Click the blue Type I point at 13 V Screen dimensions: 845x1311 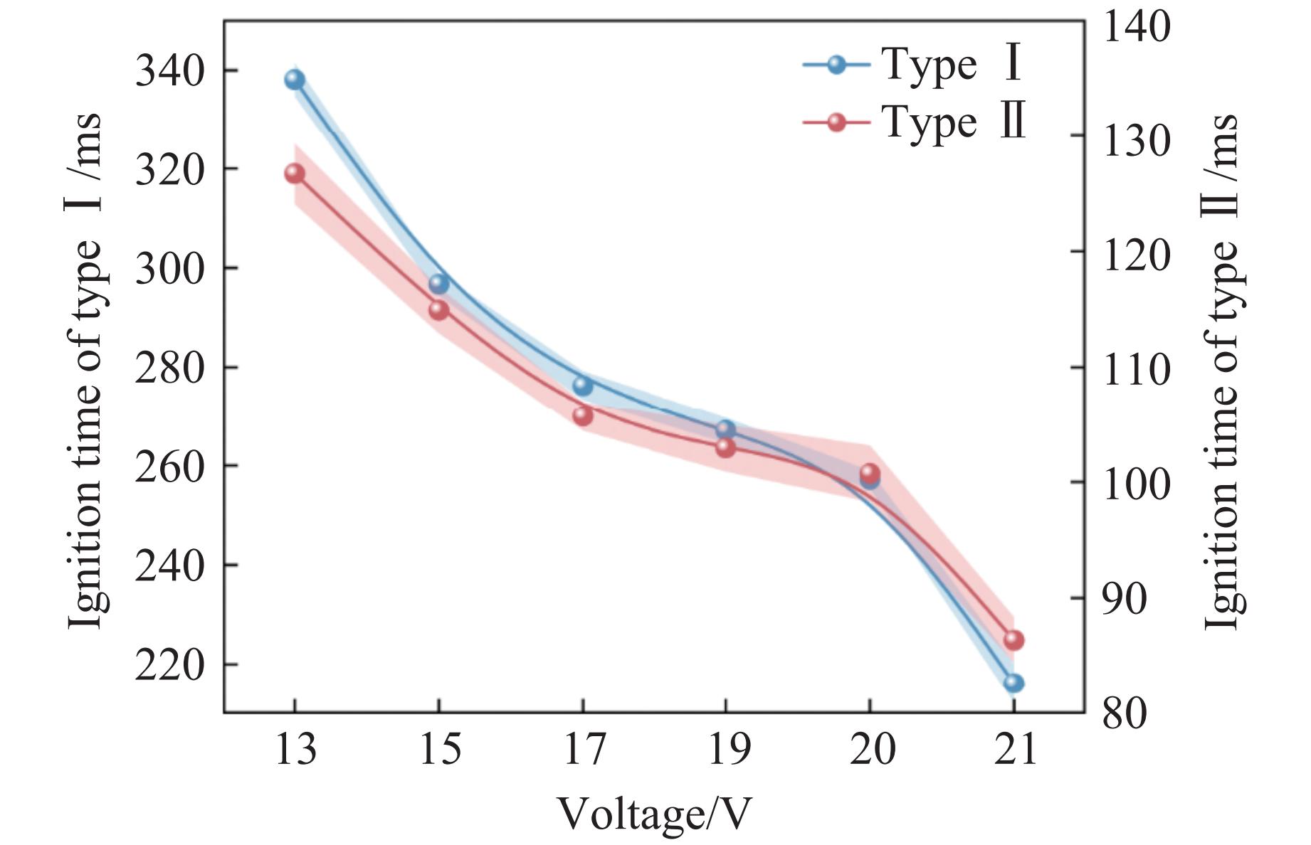coord(295,79)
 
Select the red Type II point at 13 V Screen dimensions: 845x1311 coord(295,174)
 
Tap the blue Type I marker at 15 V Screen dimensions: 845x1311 coord(439,284)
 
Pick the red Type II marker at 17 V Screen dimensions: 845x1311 coord(583,415)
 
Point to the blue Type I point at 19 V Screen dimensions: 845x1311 coord(725,430)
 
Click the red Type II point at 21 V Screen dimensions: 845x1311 coord(1013,640)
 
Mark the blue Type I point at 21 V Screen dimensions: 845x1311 coord(1013,683)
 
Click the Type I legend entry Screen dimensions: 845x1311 coord(915,65)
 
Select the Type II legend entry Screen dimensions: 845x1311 coord(915,122)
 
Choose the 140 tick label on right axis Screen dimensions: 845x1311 coord(1136,26)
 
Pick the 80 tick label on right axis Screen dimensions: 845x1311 coord(1125,712)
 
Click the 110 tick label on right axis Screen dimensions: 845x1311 coord(1136,368)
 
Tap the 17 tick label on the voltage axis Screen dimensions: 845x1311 coord(584,749)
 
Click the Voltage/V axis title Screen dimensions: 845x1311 coord(653,813)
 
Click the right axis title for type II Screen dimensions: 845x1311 coord(1221,370)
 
